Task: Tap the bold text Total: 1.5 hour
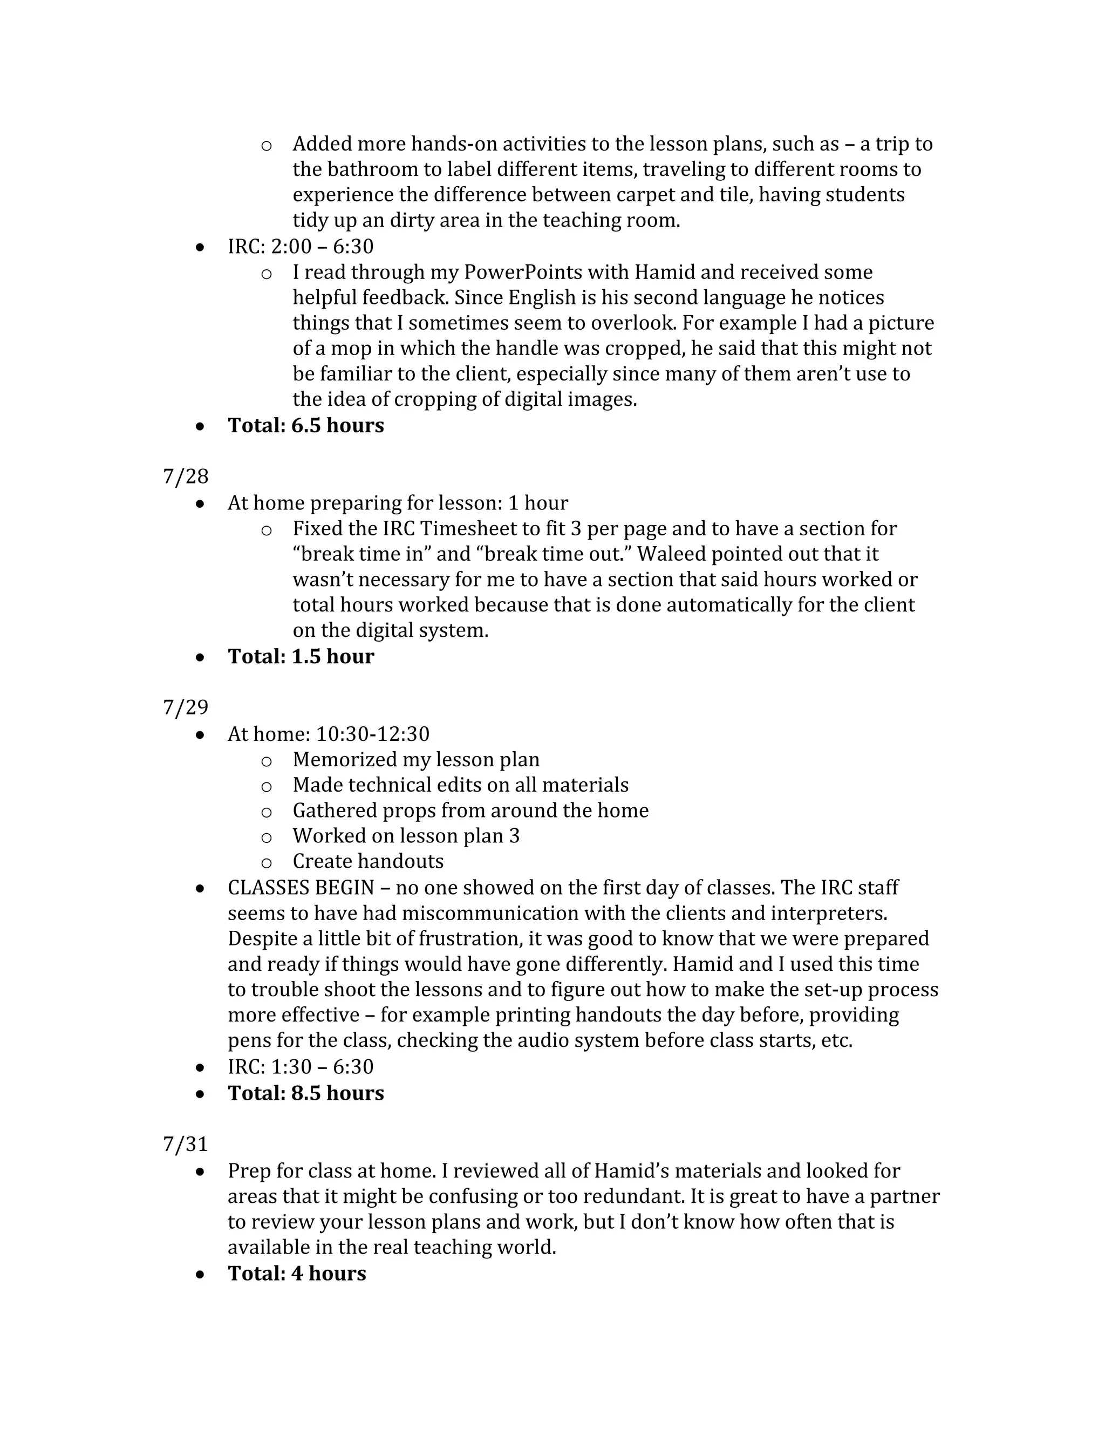301,657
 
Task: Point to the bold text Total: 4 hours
297,1274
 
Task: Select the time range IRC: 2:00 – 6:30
301,247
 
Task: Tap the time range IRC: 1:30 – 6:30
301,1067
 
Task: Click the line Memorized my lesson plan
415,760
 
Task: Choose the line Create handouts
368,861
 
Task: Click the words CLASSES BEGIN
301,888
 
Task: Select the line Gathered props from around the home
470,811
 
